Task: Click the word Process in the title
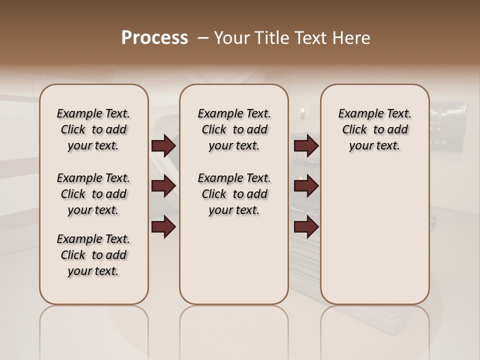(x=154, y=37)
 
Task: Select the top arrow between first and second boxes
(x=163, y=145)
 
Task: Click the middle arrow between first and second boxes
(x=163, y=186)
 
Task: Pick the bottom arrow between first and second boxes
(x=163, y=227)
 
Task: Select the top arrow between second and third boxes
(x=306, y=145)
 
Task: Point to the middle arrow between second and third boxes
(x=306, y=186)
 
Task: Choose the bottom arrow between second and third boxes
(x=306, y=227)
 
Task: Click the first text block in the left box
(x=93, y=129)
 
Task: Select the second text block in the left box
(x=93, y=194)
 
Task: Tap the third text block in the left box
(x=93, y=255)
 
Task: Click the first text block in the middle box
(x=234, y=129)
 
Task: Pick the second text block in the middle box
(x=234, y=194)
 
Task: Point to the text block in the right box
(x=374, y=129)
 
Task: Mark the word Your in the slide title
(x=230, y=37)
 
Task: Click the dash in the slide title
(x=202, y=37)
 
